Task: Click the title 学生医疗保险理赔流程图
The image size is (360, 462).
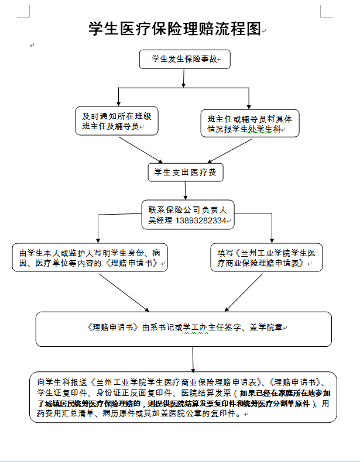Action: click(174, 29)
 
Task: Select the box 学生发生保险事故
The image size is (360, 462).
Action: click(184, 58)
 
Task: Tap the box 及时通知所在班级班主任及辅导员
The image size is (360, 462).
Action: click(116, 120)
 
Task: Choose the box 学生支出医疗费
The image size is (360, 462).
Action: click(185, 172)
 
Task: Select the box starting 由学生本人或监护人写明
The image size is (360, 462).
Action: click(90, 258)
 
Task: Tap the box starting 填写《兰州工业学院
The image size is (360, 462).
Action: click(266, 258)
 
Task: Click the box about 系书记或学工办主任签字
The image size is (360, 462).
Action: click(183, 328)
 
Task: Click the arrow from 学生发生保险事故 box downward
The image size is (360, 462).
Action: click(184, 77)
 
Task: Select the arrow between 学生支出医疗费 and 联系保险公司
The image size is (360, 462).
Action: click(186, 190)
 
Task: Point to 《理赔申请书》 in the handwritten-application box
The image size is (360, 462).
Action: click(134, 264)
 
